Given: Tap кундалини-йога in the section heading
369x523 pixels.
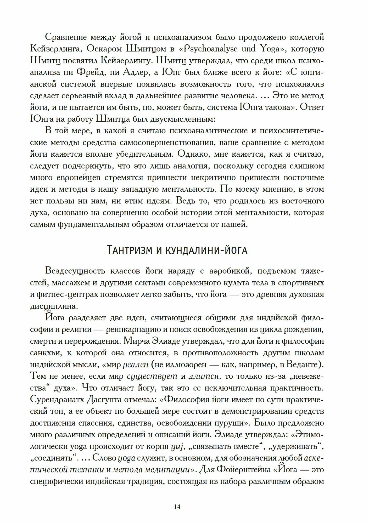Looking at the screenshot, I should click(206, 250).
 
